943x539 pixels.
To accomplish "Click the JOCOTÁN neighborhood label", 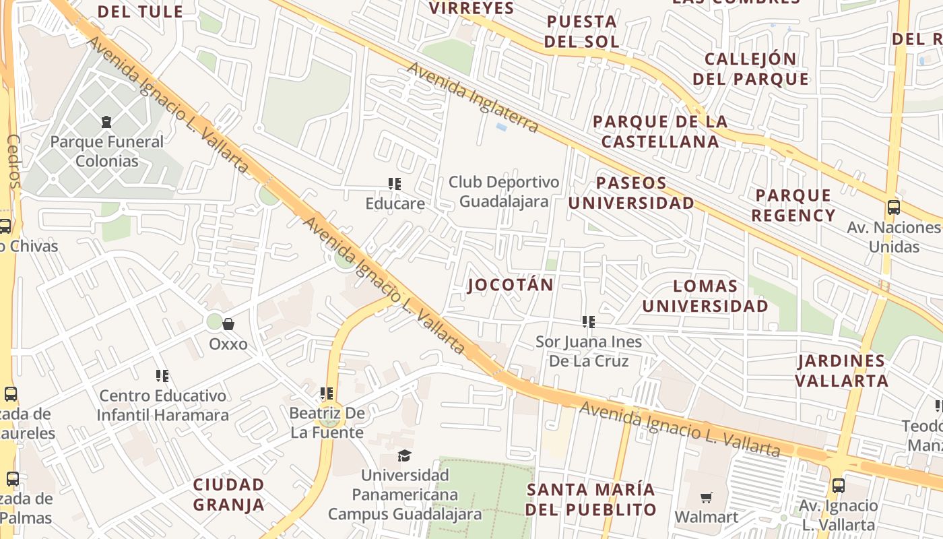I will pyautogui.click(x=511, y=284).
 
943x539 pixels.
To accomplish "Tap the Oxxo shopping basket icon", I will pyautogui.click(x=228, y=324).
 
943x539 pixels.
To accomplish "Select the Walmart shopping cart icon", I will pyautogui.click(x=706, y=497).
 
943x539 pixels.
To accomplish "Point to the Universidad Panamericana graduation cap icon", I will pyautogui.click(x=404, y=455).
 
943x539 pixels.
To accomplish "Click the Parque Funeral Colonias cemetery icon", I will pyautogui.click(x=106, y=122).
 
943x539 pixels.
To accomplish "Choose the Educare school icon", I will pyautogui.click(x=395, y=183).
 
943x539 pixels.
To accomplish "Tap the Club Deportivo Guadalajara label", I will pyautogui.click(x=504, y=191).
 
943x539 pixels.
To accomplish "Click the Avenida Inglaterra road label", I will pyautogui.click(x=472, y=97).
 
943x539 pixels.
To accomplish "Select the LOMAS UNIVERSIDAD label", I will pyautogui.click(x=705, y=296).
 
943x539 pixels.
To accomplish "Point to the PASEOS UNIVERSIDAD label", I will pyautogui.click(x=631, y=193).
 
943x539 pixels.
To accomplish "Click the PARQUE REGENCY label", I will pyautogui.click(x=793, y=205).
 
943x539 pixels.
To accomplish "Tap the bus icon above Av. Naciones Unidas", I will pyautogui.click(x=894, y=208).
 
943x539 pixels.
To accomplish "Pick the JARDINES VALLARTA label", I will pyautogui.click(x=841, y=371).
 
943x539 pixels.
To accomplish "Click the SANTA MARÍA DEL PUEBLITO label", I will pyautogui.click(x=591, y=499).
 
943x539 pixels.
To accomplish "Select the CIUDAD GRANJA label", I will pyautogui.click(x=229, y=494).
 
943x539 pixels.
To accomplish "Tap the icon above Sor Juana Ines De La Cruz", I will pyautogui.click(x=589, y=322).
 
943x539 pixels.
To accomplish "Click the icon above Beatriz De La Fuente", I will pyautogui.click(x=327, y=393).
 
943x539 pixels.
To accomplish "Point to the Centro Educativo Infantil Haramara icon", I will pyautogui.click(x=162, y=375).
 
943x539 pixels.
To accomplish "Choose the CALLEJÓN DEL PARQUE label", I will pyautogui.click(x=750, y=69).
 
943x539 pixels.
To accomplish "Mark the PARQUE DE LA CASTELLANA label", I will pyautogui.click(x=660, y=131).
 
